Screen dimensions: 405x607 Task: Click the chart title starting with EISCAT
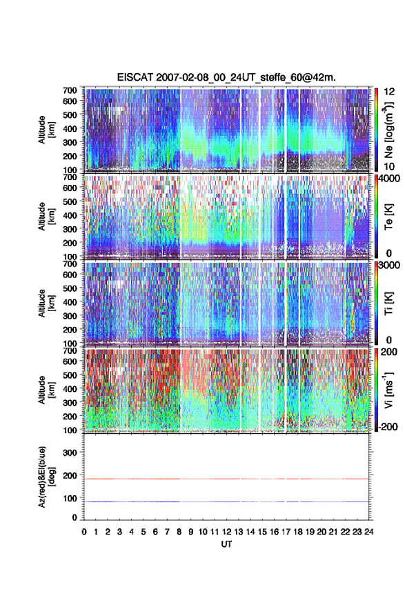coord(226,77)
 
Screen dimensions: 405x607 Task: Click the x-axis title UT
coord(226,544)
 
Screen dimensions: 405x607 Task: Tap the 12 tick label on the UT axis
coord(227,532)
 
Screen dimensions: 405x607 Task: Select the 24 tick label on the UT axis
coord(368,532)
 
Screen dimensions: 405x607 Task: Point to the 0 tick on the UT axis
coord(84,532)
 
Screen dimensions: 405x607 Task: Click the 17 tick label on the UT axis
coord(286,532)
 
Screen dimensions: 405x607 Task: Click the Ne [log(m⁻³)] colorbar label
coord(388,130)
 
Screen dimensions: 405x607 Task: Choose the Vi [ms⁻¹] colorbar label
coord(388,390)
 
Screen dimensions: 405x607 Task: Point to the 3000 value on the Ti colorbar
coord(388,265)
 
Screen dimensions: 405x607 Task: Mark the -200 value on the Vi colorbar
coord(387,426)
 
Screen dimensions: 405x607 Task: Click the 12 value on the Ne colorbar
coord(389,92)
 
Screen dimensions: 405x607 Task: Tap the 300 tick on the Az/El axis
coord(70,452)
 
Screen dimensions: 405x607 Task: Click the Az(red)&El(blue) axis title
coord(45,477)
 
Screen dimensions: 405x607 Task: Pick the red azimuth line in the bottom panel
coord(226,479)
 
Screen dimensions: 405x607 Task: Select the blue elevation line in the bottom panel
coord(226,501)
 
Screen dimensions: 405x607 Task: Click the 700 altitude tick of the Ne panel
coord(70,90)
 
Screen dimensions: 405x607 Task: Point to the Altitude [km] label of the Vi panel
coord(45,390)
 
